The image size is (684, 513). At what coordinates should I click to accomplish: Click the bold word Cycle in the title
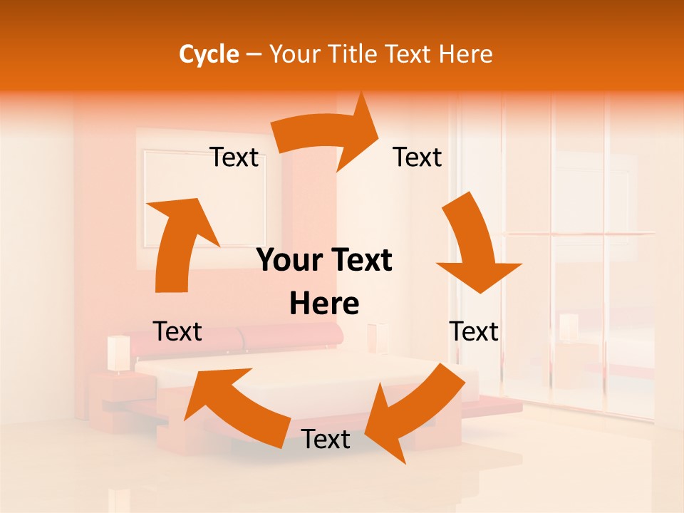(209, 54)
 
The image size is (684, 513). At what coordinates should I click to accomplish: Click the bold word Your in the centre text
(289, 261)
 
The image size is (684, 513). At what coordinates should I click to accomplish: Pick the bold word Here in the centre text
(324, 304)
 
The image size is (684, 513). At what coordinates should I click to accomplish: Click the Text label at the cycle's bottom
(326, 440)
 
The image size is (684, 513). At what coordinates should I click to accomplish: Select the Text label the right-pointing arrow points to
(418, 157)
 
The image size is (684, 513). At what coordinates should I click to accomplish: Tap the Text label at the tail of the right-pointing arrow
(234, 157)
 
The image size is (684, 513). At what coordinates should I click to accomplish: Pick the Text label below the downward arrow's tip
(474, 331)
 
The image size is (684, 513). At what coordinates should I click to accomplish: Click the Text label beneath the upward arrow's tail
(177, 331)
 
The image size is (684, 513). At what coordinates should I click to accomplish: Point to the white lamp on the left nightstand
(118, 353)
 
